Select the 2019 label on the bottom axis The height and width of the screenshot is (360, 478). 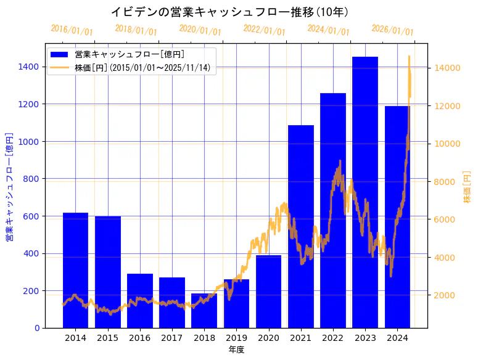coord(236,338)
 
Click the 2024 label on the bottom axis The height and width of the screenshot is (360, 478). coord(397,338)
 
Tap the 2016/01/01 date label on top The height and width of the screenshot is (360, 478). coord(72,30)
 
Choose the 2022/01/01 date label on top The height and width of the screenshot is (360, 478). coord(265,30)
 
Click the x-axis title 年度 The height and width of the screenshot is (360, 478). coord(236,350)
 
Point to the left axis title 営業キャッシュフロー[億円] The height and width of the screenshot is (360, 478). coord(9,186)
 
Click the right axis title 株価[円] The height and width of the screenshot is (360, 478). coord(467,187)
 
